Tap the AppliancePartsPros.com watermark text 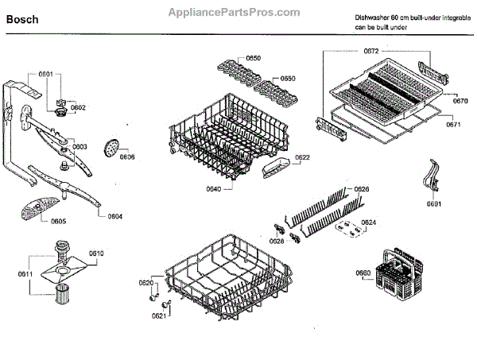[235, 13]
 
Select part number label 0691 [433, 204]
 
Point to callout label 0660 [363, 274]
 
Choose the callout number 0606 [127, 157]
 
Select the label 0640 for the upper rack [191, 189]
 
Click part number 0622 [302, 157]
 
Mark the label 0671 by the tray [453, 125]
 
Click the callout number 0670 [460, 101]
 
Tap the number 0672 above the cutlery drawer [371, 51]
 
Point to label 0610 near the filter [96, 253]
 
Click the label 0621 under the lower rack [159, 315]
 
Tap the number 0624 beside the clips [369, 222]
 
